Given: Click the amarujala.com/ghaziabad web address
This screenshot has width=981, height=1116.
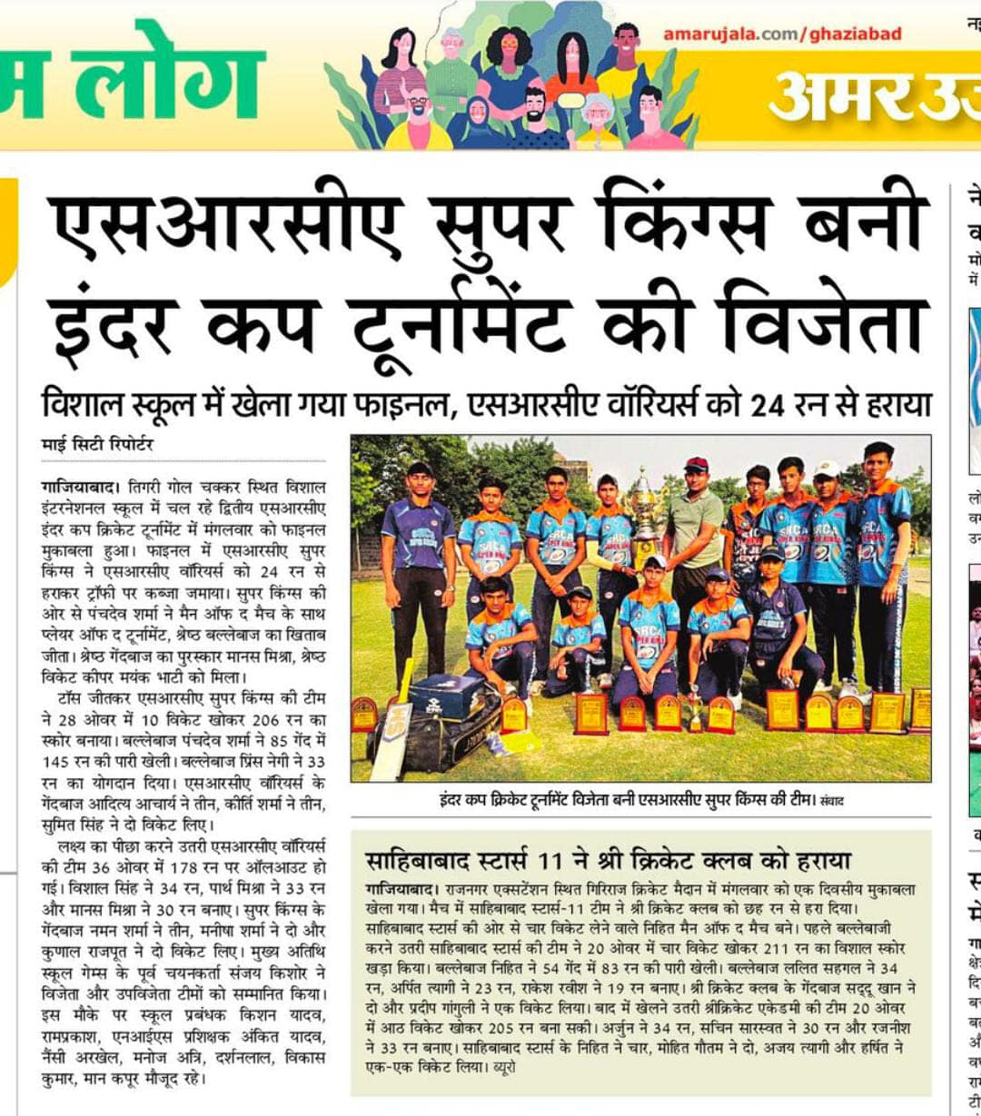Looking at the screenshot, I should (782, 35).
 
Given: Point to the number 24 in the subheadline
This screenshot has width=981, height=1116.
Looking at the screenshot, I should (770, 403).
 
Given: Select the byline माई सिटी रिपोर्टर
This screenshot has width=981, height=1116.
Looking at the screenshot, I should (98, 445).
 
